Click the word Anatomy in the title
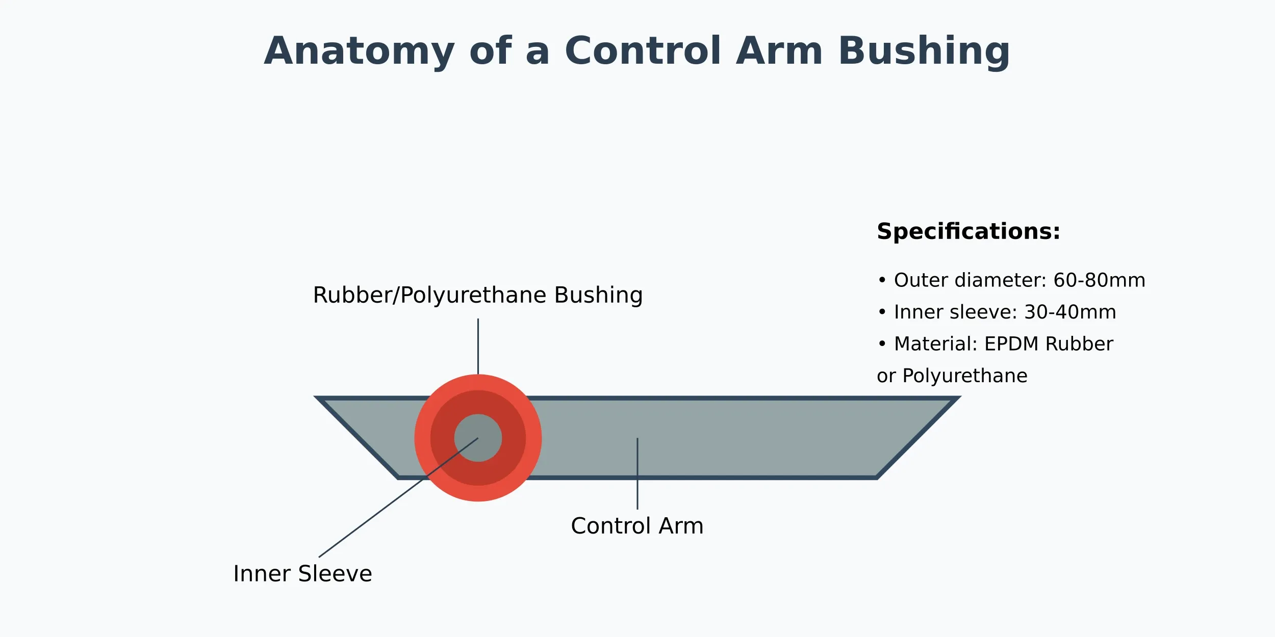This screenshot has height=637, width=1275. point(359,52)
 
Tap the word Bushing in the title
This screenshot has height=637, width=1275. point(923,52)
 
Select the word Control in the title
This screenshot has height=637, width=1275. point(643,51)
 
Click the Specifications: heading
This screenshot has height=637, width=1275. point(968,232)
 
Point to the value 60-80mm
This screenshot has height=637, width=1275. point(1099,281)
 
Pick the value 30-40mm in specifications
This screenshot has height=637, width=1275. point(1070,312)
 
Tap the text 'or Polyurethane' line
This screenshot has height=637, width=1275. point(952,376)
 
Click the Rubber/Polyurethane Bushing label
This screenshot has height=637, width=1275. point(477,296)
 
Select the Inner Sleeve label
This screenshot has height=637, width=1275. point(302,574)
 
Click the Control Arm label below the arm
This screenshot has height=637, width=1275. point(637,526)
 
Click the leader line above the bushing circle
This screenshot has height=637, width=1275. point(478,347)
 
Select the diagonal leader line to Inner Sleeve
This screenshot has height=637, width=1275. point(372,517)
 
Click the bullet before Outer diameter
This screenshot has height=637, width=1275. point(882,281)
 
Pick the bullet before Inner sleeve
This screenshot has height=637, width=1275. point(882,312)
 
